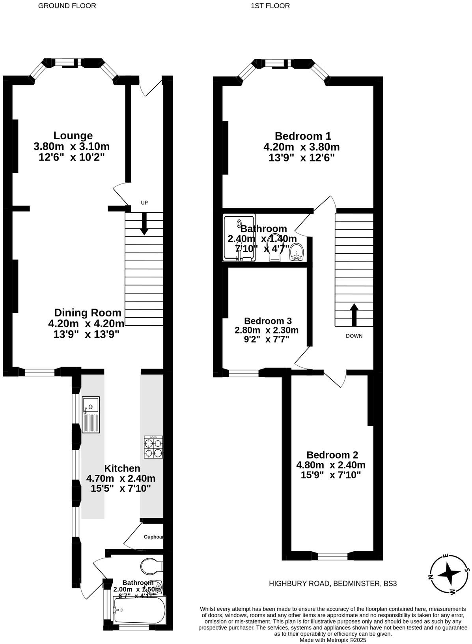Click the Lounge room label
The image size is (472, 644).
click(x=73, y=136)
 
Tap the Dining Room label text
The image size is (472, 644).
click(x=88, y=313)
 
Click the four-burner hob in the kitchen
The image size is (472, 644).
click(x=153, y=447)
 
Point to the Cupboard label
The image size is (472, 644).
click(x=153, y=537)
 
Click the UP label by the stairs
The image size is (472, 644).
click(x=144, y=203)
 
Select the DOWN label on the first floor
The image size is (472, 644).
click(x=354, y=336)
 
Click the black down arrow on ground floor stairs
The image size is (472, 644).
click(x=144, y=224)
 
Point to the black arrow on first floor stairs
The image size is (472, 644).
click(x=354, y=315)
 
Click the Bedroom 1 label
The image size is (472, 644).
click(x=303, y=136)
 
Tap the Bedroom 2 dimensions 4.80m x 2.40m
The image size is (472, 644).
click(x=330, y=465)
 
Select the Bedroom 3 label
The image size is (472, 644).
click(x=268, y=321)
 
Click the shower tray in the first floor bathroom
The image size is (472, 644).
click(x=239, y=238)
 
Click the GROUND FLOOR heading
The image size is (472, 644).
click(x=67, y=6)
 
